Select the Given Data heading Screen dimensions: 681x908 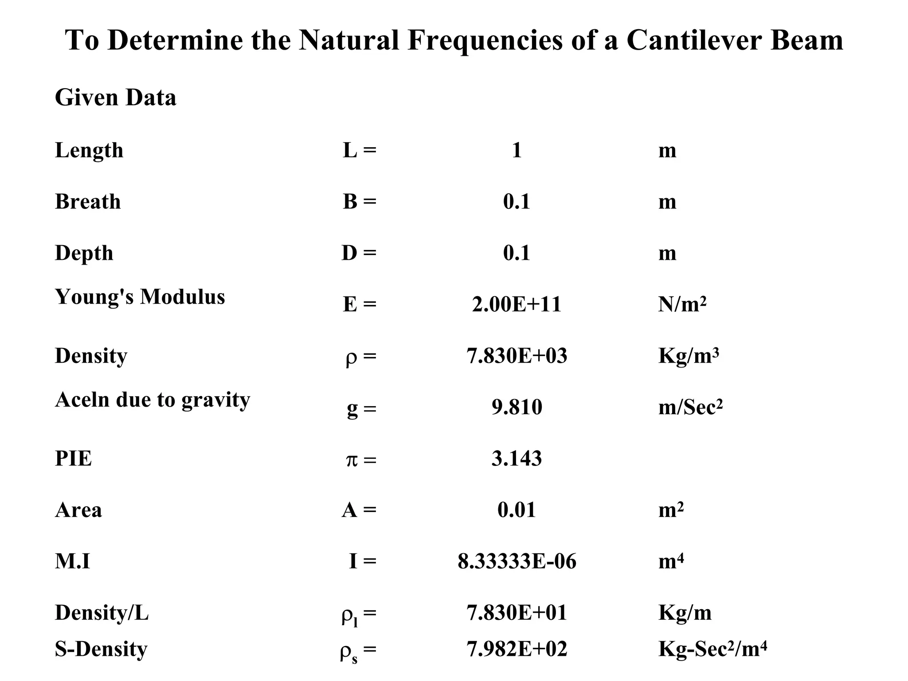[x=115, y=98]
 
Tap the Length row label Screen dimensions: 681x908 [x=89, y=150]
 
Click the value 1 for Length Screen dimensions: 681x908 [x=517, y=150]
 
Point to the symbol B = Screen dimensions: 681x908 [x=359, y=202]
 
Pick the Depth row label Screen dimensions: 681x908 [x=84, y=253]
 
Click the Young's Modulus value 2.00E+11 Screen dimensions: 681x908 [x=517, y=305]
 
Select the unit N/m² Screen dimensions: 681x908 [x=682, y=305]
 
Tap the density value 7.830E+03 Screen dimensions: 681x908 [x=517, y=356]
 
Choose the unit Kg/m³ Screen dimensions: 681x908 [x=689, y=356]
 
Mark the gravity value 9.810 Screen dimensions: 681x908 [x=517, y=407]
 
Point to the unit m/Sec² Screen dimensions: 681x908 [x=690, y=407]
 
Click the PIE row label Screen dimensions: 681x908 [x=74, y=459]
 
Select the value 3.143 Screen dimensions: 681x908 [x=517, y=459]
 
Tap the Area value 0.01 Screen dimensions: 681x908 [x=517, y=510]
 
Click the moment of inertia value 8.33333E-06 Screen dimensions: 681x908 [x=517, y=562]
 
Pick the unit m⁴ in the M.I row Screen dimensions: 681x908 [x=671, y=562]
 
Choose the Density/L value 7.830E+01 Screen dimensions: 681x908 [x=517, y=613]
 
